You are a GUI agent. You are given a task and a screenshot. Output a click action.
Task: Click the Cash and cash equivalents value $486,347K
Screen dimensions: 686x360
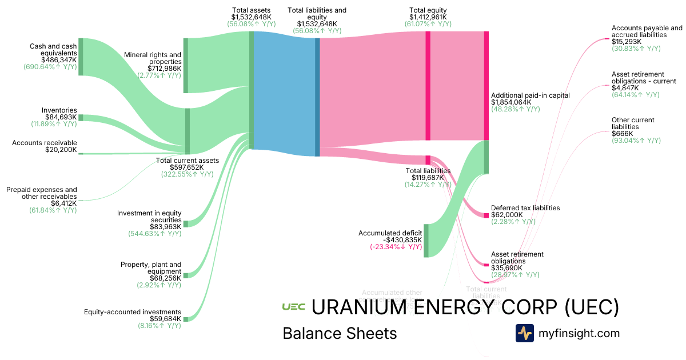coord(59,59)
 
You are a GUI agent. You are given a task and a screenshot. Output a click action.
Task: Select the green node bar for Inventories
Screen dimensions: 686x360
coord(81,117)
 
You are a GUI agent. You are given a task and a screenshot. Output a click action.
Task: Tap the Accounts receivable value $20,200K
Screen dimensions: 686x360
coord(61,150)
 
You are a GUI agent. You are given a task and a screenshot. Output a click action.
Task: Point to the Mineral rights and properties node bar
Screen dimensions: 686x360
coord(185,65)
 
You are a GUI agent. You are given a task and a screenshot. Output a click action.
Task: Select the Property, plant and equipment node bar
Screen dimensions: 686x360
coord(185,275)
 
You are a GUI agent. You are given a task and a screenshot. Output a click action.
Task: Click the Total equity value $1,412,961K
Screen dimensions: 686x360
coord(428,18)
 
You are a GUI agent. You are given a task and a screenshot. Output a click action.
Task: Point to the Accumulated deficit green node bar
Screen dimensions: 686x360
coord(426,241)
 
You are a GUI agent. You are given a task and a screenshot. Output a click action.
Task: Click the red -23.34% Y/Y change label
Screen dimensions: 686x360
coord(396,247)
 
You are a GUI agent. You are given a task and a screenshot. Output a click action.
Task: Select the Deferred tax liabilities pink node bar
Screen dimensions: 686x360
coord(486,215)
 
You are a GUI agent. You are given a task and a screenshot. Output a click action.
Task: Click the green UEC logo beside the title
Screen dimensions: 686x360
coord(293,307)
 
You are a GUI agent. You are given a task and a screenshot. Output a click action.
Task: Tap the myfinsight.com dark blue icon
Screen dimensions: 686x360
coord(524,333)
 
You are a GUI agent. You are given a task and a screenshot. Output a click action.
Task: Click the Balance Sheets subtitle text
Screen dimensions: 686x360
coord(340,333)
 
